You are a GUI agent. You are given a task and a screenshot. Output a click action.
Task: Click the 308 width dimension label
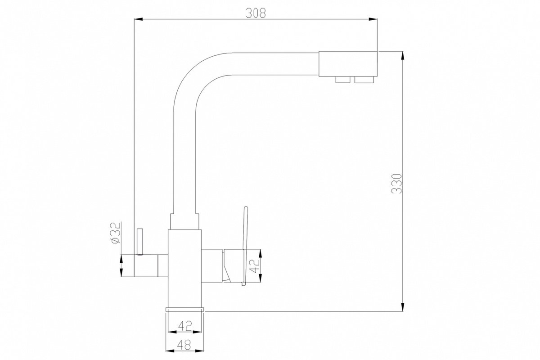pos(256,13)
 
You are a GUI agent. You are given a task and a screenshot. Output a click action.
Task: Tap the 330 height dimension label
pos(396,184)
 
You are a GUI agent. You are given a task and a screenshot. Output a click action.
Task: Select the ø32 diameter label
pos(116,233)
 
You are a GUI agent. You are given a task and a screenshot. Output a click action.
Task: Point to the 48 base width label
pos(184,345)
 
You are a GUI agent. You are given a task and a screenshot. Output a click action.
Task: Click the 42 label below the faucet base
pos(185,326)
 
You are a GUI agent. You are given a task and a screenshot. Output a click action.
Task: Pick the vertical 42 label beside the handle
pos(255,265)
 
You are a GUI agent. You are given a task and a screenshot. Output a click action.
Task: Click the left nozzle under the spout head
pos(343,80)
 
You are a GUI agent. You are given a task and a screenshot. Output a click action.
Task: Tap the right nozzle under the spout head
pos(364,80)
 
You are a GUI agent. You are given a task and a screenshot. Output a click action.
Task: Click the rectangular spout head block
pos(348,63)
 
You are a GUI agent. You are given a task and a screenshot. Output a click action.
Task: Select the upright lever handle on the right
pos(244,246)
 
